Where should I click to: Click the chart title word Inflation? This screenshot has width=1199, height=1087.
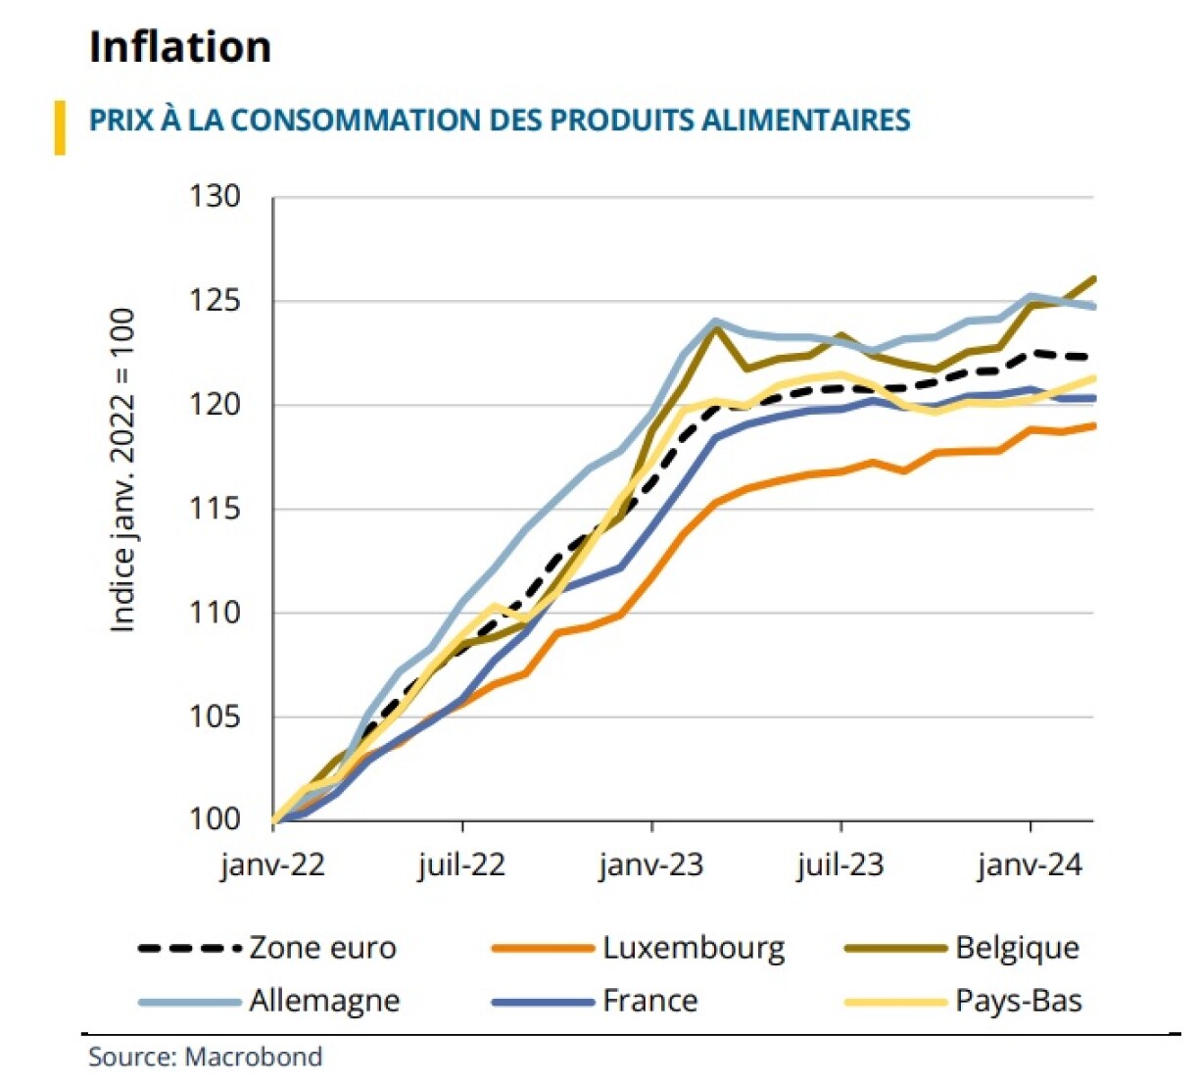(x=180, y=47)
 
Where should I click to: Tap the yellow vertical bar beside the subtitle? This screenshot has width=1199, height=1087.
(x=60, y=127)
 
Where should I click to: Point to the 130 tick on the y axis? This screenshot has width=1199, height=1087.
(x=214, y=197)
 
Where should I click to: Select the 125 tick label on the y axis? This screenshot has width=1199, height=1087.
(x=214, y=301)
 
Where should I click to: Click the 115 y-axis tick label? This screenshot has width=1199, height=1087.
(x=214, y=509)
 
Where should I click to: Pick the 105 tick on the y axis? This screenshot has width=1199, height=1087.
(x=214, y=716)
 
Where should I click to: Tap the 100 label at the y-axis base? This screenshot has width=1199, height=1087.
(x=214, y=819)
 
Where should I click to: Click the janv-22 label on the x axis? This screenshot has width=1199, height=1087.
(x=272, y=865)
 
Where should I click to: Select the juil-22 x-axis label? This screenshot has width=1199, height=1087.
(x=461, y=865)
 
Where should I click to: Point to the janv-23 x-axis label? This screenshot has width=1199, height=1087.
(x=651, y=865)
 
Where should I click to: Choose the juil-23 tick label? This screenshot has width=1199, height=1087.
(x=840, y=865)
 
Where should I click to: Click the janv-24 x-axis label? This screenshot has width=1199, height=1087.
(x=1030, y=865)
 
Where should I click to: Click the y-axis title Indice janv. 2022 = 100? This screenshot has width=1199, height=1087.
(x=122, y=470)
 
